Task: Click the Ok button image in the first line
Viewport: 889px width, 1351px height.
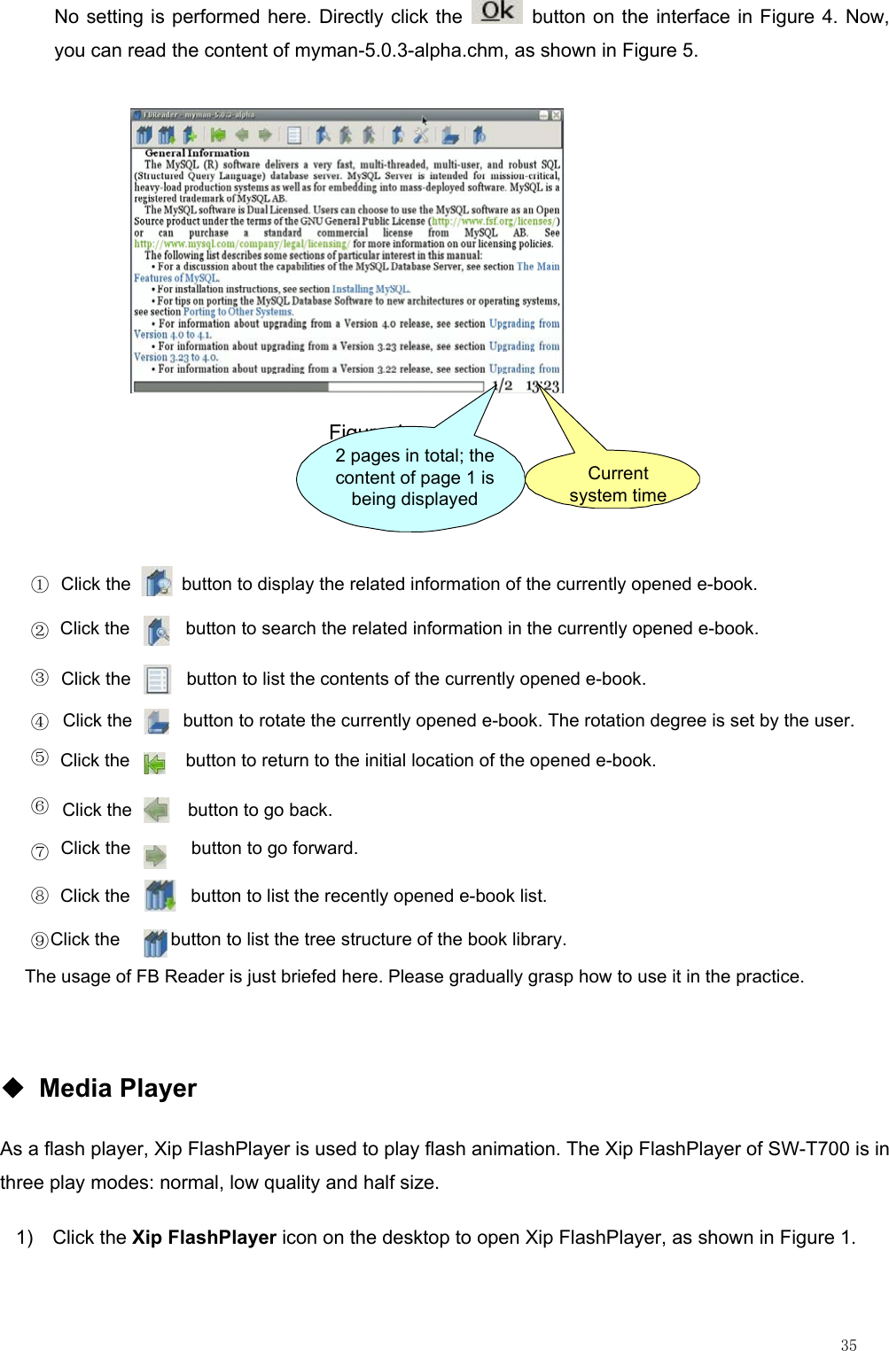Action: tap(497, 12)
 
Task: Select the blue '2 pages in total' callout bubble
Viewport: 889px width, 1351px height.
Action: tap(413, 478)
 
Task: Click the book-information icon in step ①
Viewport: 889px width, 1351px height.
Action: tap(157, 583)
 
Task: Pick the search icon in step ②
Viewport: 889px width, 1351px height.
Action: tap(157, 630)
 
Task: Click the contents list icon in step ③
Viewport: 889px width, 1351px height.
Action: tap(157, 679)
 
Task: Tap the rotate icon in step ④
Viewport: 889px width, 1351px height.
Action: tap(157, 721)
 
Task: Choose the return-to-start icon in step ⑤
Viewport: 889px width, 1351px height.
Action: tap(154, 763)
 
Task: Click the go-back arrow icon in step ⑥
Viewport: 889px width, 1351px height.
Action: tap(157, 810)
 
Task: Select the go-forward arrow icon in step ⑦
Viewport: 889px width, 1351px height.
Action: tap(155, 855)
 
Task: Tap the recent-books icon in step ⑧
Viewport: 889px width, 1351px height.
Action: tap(160, 896)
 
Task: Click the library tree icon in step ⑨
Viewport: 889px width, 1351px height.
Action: tap(155, 943)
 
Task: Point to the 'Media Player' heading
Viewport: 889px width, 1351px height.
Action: tap(118, 1088)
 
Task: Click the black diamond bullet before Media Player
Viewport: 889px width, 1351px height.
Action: tap(13, 1087)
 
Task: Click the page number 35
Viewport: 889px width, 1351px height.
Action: tap(848, 1345)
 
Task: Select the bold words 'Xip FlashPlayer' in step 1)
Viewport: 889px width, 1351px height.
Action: tap(204, 1238)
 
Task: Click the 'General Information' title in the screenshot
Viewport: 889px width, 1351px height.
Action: tap(197, 152)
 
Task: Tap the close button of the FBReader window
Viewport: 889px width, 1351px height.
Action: tap(556, 115)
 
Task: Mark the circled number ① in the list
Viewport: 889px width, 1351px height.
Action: tap(40, 585)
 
